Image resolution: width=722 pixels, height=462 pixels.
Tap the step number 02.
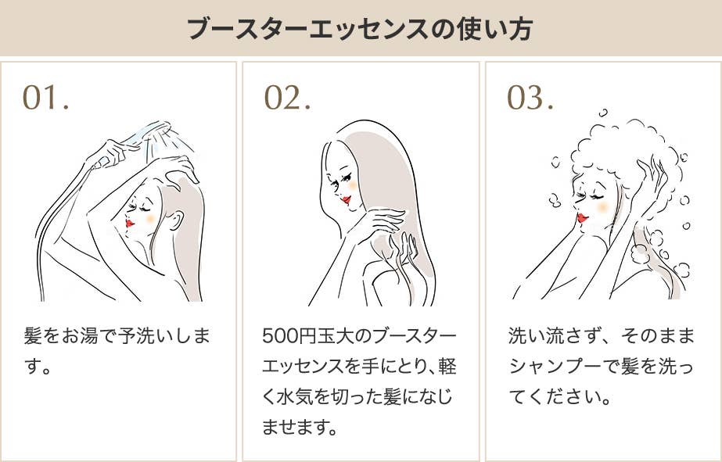[287, 98]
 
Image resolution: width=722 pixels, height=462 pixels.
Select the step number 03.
[530, 98]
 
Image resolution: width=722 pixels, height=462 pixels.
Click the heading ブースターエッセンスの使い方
[361, 29]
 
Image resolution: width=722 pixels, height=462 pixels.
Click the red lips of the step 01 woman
[130, 223]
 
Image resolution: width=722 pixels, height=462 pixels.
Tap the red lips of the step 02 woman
[347, 199]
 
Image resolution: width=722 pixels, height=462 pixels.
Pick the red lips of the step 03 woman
[582, 217]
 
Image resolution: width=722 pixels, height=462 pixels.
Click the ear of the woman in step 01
[175, 220]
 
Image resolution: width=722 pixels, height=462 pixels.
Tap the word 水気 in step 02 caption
[297, 396]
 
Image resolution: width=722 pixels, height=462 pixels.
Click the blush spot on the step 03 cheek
[602, 206]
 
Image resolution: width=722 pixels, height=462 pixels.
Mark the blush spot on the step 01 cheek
[150, 219]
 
